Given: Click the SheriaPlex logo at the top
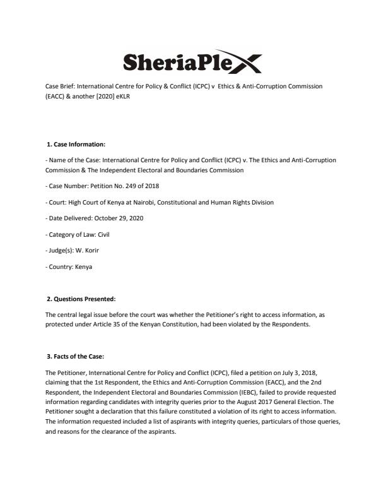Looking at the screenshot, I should (x=192, y=61).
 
